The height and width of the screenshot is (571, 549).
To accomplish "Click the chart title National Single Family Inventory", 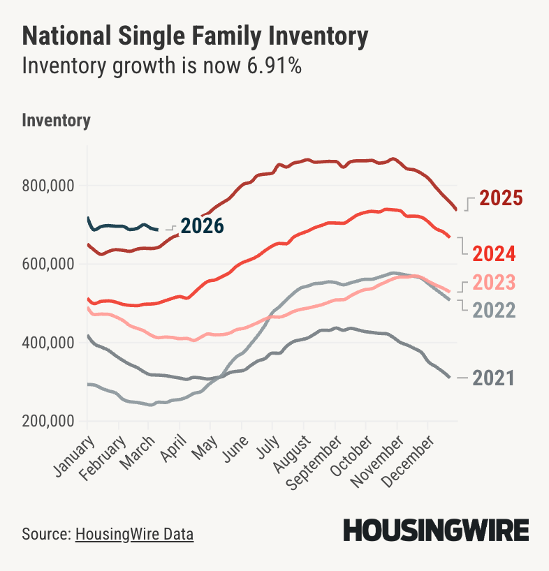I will (x=195, y=37).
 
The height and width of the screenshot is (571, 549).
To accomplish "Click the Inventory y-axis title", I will (x=57, y=120).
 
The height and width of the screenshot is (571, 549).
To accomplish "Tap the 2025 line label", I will (x=501, y=198).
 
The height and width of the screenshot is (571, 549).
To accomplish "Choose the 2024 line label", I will (x=493, y=253).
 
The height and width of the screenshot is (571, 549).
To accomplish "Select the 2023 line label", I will (x=493, y=283).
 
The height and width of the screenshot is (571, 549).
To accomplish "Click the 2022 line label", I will (x=493, y=310).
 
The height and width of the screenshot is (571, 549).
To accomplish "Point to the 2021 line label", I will (x=493, y=378).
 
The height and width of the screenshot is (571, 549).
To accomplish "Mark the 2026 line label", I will (x=202, y=226).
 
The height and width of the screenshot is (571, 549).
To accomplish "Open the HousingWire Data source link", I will (x=134, y=534).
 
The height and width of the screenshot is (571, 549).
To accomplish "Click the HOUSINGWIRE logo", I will (x=435, y=531).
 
